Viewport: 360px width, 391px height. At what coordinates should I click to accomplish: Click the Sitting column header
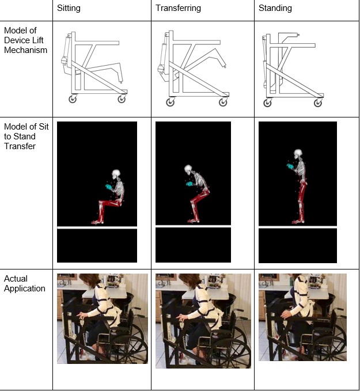[69, 8]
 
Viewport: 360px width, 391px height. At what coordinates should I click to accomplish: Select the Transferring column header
[178, 8]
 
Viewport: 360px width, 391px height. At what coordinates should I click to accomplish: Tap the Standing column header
[275, 8]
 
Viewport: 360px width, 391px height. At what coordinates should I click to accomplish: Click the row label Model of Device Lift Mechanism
[25, 40]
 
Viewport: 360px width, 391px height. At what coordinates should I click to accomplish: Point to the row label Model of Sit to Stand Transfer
[26, 136]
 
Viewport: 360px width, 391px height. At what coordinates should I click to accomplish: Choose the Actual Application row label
[24, 283]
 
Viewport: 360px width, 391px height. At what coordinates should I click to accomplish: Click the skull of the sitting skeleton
[116, 174]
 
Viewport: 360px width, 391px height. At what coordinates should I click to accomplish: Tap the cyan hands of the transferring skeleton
[189, 184]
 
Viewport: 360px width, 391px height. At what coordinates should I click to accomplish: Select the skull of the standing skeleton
[298, 153]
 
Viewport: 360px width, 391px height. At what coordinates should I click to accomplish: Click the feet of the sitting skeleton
[97, 222]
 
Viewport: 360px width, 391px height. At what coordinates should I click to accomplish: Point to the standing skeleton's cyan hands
[290, 166]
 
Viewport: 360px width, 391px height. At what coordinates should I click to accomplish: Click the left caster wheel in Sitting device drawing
[73, 99]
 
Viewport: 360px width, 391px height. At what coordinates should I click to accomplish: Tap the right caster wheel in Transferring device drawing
[223, 102]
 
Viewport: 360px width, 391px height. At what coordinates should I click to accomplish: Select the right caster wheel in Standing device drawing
[318, 103]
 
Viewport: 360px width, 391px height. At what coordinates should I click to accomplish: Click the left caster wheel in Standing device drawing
[267, 103]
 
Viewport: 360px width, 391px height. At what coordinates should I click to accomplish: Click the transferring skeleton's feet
[194, 221]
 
